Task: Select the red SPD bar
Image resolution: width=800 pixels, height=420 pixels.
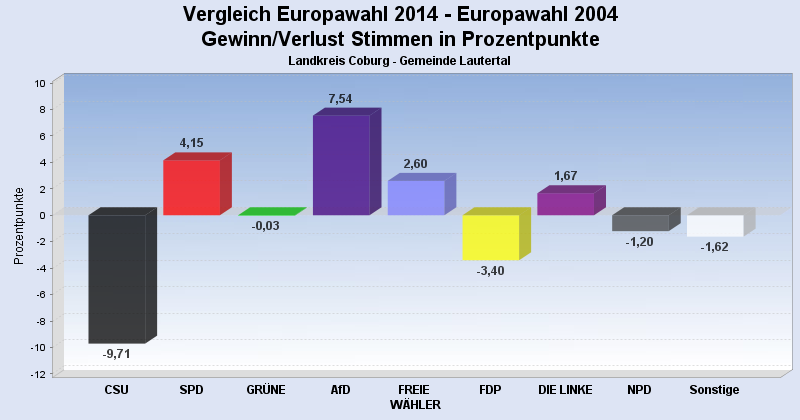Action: coord(192,187)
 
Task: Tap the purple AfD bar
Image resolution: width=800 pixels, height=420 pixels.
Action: coord(341,165)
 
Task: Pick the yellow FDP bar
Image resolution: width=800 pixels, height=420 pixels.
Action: coord(490,237)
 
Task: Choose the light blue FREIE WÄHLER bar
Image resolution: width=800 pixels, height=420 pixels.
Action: coord(415,197)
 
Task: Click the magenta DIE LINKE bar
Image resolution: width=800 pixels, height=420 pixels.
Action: coord(565,203)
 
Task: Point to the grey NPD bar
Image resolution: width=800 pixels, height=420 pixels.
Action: coord(640,222)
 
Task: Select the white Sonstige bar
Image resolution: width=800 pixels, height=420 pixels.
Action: coord(714,225)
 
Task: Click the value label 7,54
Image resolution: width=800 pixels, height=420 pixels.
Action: coord(341,99)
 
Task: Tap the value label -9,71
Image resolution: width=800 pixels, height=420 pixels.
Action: coord(117,354)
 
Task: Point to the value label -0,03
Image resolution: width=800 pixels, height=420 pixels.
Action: coord(266,226)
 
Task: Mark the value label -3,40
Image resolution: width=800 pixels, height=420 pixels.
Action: coord(490,271)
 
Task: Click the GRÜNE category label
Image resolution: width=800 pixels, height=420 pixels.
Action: coord(266,390)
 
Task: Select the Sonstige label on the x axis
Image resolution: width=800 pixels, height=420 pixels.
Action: coord(714,390)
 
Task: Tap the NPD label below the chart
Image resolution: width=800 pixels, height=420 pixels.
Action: coord(640,390)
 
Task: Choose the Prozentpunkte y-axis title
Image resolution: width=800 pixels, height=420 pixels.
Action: coord(19,225)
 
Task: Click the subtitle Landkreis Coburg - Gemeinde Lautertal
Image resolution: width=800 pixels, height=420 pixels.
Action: coord(400,61)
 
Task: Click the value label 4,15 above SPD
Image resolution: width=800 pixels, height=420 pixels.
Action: coord(192,143)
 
